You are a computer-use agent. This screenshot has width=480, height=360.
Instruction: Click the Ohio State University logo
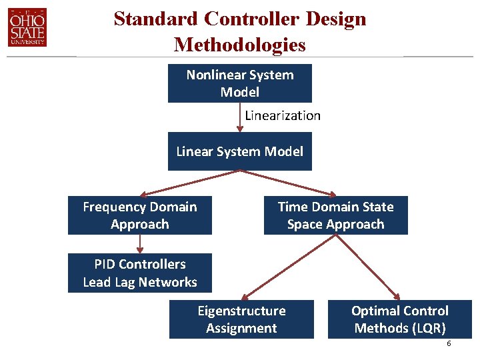(27, 27)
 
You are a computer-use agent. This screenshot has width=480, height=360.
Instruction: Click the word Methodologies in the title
(239, 45)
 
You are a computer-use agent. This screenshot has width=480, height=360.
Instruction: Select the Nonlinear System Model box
(239, 83)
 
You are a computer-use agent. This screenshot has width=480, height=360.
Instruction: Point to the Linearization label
(283, 115)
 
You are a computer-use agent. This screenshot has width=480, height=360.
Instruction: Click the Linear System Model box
(239, 151)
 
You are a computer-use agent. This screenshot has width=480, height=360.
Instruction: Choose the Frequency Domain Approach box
(140, 215)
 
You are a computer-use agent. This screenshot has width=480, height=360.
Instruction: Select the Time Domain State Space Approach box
(335, 215)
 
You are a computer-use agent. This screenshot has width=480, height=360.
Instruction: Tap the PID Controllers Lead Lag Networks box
(140, 273)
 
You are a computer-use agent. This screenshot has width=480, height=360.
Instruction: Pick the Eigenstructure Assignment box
(241, 319)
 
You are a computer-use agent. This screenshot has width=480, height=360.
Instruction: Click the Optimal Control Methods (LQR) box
(400, 319)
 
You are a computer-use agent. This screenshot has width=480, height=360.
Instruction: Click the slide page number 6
(449, 343)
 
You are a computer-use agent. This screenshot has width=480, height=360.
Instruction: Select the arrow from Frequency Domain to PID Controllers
(139, 244)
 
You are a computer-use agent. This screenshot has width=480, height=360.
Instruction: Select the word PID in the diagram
(106, 264)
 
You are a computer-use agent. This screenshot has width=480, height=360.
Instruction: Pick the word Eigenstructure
(241, 311)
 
